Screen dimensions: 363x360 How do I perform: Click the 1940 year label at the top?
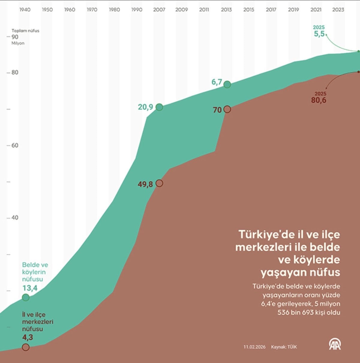(25, 10)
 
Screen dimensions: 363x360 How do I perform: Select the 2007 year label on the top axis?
(159, 10)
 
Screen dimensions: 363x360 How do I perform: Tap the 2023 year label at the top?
(338, 10)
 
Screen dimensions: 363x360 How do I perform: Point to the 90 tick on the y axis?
(15, 37)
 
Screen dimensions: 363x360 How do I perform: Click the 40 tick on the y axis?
(15, 218)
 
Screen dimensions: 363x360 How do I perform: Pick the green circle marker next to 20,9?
(159, 107)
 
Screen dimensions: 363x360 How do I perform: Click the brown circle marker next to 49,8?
(159, 183)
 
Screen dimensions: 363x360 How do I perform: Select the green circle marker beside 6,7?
(227, 84)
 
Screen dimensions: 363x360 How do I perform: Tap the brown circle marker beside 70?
(227, 109)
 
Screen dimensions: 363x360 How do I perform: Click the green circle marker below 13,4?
(26, 298)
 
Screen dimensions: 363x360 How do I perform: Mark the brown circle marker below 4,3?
(26, 347)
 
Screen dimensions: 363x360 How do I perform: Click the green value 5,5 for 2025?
(319, 34)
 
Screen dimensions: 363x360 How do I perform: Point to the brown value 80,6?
(319, 100)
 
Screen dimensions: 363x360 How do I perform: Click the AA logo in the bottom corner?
(335, 344)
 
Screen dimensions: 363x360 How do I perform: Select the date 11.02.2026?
(254, 347)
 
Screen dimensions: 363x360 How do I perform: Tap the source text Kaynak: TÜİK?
(284, 347)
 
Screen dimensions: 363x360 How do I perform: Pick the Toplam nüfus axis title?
(25, 31)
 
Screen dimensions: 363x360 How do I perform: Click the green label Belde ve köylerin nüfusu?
(35, 272)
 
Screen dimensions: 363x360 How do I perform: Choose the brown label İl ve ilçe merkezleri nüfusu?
(37, 322)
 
